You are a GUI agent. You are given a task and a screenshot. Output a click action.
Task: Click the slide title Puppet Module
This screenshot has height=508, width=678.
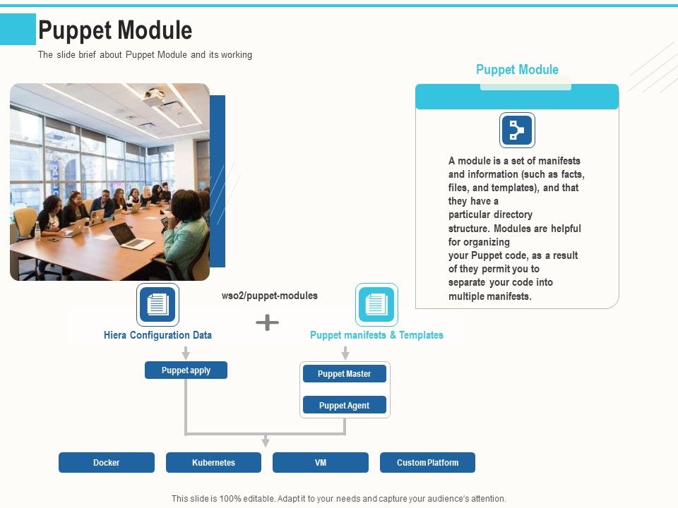pyautogui.click(x=115, y=30)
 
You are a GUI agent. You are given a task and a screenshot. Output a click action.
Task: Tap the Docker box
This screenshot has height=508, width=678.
pyautogui.click(x=107, y=463)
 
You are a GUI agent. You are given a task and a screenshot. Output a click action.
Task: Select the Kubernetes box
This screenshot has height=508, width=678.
pyautogui.click(x=213, y=463)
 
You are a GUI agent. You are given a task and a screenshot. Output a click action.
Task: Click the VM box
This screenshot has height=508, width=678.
pyautogui.click(x=321, y=463)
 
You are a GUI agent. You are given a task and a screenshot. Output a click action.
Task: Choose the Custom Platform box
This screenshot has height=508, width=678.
pyautogui.click(x=427, y=463)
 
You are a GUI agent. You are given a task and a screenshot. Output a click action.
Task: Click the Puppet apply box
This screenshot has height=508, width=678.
pyautogui.click(x=186, y=370)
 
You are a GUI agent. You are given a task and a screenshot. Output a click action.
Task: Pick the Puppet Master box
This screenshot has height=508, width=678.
pyautogui.click(x=344, y=374)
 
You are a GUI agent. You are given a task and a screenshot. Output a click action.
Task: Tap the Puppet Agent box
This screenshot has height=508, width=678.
pyautogui.click(x=344, y=405)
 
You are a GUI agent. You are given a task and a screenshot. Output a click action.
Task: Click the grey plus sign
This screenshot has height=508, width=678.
pyautogui.click(x=267, y=323)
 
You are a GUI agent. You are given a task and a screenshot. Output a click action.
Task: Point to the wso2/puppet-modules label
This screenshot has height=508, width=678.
pyautogui.click(x=270, y=296)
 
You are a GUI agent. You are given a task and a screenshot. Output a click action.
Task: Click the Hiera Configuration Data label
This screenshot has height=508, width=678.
pyautogui.click(x=157, y=335)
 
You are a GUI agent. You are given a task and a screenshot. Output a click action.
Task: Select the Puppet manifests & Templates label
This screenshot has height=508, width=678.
pyautogui.click(x=376, y=335)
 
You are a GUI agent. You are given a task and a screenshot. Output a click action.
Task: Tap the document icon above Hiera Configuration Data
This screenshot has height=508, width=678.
pyautogui.click(x=157, y=305)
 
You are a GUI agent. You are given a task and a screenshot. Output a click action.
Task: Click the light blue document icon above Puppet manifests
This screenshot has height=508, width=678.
pyautogui.click(x=376, y=305)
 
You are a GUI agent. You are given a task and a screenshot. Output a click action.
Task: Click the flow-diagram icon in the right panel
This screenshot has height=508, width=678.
pyautogui.click(x=517, y=131)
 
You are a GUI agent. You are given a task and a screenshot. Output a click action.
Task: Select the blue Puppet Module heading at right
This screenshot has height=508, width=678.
pyautogui.click(x=517, y=70)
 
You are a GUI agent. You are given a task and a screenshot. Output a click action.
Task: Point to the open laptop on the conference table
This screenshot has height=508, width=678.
pyautogui.click(x=131, y=235)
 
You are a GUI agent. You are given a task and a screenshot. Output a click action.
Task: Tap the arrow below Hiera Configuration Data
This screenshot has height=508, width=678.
pyautogui.click(x=186, y=353)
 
